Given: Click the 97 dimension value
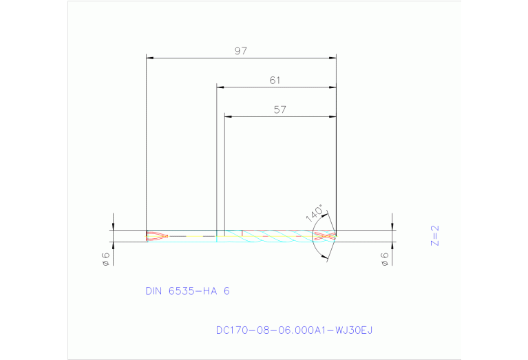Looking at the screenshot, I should click(240, 51).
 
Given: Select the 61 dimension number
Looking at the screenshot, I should click(275, 81).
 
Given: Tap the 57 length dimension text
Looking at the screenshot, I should click(279, 109).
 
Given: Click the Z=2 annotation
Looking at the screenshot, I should click(434, 235).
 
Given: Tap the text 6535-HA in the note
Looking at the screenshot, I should click(194, 291).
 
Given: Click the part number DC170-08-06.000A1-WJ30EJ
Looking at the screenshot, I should click(294, 330).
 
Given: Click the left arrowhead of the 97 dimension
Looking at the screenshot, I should click(150, 58).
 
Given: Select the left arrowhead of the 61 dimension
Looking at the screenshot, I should click(220, 87).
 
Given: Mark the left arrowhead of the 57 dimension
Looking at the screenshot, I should click(229, 116).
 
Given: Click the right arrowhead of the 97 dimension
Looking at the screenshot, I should click(332, 58).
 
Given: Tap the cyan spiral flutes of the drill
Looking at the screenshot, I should click(275, 236).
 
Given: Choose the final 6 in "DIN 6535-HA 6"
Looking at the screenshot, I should click(226, 291).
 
